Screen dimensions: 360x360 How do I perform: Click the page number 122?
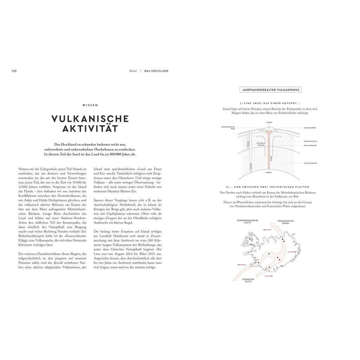pos(14,71)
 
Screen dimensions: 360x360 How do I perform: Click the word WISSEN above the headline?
pos(90,105)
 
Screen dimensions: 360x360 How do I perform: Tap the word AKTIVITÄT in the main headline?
pos(90,129)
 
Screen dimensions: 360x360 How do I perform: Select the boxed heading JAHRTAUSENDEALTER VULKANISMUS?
pos(270,90)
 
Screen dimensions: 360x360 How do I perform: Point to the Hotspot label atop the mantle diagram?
pos(269,122)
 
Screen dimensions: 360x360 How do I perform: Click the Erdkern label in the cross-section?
pos(269,173)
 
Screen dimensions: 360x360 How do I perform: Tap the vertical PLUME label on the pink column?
pos(271,159)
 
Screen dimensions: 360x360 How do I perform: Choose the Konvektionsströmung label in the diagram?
pos(261,144)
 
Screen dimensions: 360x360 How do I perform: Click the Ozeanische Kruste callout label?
pos(311,141)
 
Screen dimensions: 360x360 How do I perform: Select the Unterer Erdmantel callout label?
pos(311,163)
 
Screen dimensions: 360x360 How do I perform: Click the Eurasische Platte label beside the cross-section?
pos(310,128)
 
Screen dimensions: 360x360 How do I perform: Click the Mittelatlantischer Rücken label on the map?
pos(286,222)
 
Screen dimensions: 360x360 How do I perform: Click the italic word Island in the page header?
pos(133,71)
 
